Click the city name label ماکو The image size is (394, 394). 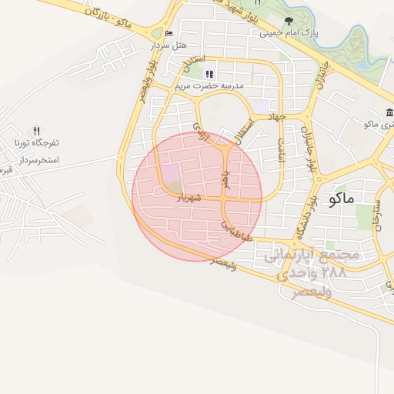(341, 199)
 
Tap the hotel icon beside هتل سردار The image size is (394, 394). (169, 34)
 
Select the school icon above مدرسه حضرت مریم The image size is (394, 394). (209, 74)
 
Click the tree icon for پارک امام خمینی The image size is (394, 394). (289, 22)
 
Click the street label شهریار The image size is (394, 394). (189, 199)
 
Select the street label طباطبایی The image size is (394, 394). (237, 231)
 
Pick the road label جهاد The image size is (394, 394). (276, 116)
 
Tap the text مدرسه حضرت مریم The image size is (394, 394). (209, 85)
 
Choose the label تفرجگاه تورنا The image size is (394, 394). (36, 143)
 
